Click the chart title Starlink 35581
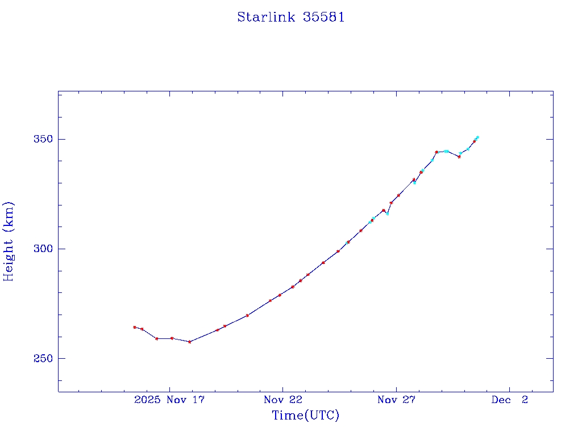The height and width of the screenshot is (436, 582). point(291,17)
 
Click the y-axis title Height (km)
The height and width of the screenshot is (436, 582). point(9,241)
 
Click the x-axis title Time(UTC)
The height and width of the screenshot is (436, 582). point(305,416)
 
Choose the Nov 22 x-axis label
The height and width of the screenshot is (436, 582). point(282,400)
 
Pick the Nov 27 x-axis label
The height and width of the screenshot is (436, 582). point(396,400)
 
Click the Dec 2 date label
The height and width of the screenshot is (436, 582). point(510,400)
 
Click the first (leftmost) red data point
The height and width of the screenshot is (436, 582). point(135,327)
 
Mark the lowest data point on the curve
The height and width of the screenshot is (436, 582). point(189,342)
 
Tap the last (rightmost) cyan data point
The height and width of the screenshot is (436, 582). point(477,137)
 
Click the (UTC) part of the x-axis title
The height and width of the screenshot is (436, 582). point(322,416)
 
